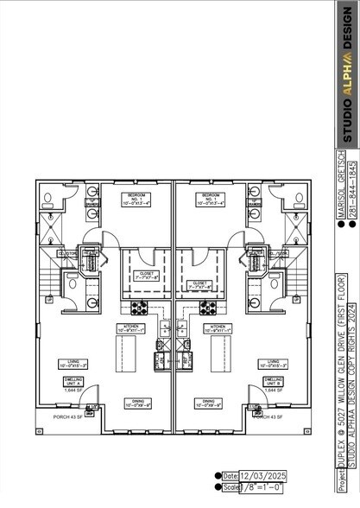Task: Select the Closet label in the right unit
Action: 199,284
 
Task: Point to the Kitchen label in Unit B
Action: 217,328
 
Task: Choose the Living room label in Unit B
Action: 273,364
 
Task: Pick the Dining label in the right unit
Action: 209,403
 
